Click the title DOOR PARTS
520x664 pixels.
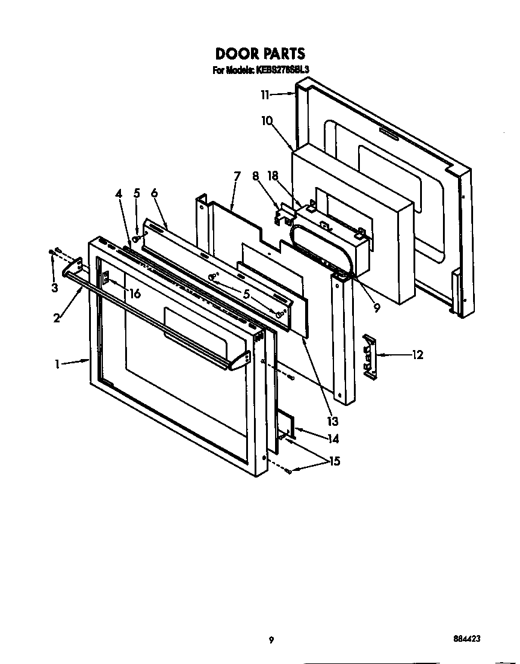(260, 54)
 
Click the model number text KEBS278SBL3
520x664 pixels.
(282, 70)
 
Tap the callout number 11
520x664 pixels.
(265, 94)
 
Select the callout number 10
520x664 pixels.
(267, 120)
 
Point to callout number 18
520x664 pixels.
(273, 176)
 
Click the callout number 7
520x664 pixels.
(237, 176)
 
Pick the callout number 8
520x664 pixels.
(255, 176)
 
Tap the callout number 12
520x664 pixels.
(417, 355)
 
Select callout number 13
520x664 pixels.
(332, 421)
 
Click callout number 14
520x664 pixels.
(333, 439)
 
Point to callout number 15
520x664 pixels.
(334, 461)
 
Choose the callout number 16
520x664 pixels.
(135, 294)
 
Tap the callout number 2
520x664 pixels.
(57, 318)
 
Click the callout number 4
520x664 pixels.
(119, 193)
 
